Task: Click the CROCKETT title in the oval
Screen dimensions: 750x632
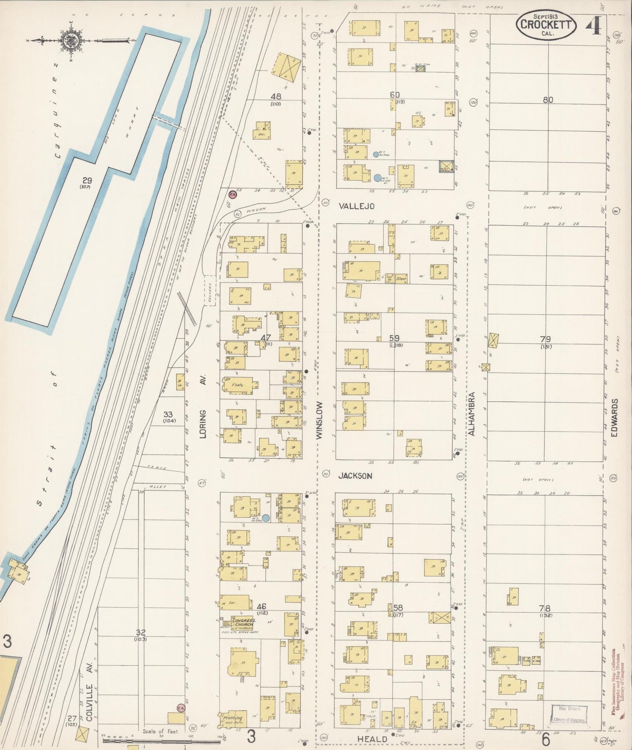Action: (x=545, y=25)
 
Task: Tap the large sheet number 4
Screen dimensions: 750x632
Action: (x=593, y=25)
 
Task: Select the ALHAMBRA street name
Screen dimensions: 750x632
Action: (x=471, y=414)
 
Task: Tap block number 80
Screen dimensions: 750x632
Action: (x=548, y=100)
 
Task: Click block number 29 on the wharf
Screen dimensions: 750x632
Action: (x=86, y=180)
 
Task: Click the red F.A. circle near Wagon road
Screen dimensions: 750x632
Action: (x=233, y=194)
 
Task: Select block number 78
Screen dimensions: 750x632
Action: (x=545, y=608)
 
